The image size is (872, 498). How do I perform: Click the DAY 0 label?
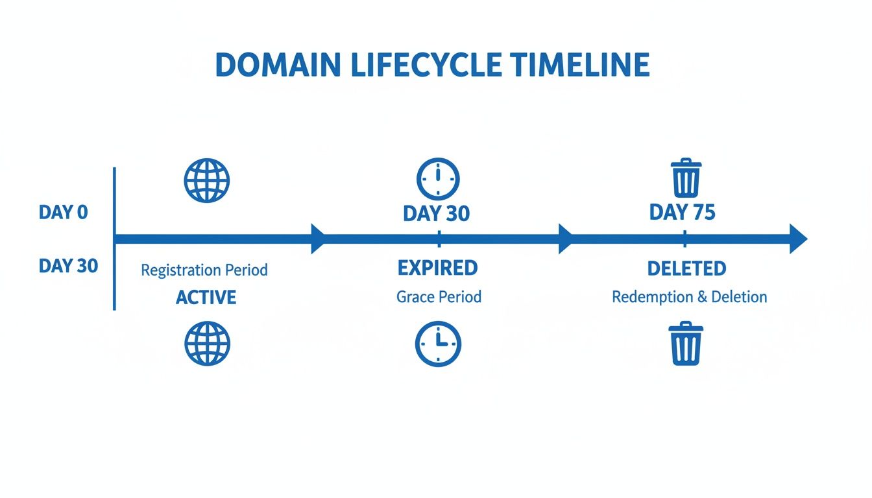click(x=63, y=212)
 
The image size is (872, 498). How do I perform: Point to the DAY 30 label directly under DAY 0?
click(x=68, y=266)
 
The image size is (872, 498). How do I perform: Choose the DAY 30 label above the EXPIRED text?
click(x=436, y=213)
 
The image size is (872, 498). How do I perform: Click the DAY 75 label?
click(x=682, y=213)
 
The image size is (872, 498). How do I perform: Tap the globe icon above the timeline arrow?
click(x=207, y=179)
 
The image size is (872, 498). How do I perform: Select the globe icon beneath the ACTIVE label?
click(x=207, y=343)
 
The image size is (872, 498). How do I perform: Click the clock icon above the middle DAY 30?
click(x=437, y=178)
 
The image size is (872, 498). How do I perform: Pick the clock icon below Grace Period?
click(x=438, y=343)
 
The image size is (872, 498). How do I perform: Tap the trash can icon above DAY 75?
click(x=685, y=178)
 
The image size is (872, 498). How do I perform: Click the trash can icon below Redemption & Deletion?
click(x=685, y=343)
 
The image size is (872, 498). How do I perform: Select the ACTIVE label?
click(x=206, y=298)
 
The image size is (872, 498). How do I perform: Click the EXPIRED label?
click(x=437, y=268)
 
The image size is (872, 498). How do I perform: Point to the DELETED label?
click(x=686, y=268)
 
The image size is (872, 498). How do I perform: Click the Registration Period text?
click(x=204, y=270)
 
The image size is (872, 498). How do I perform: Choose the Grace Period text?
click(x=439, y=297)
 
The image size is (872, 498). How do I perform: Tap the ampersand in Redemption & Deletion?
click(x=702, y=298)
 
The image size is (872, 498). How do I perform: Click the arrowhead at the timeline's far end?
click(x=798, y=239)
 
